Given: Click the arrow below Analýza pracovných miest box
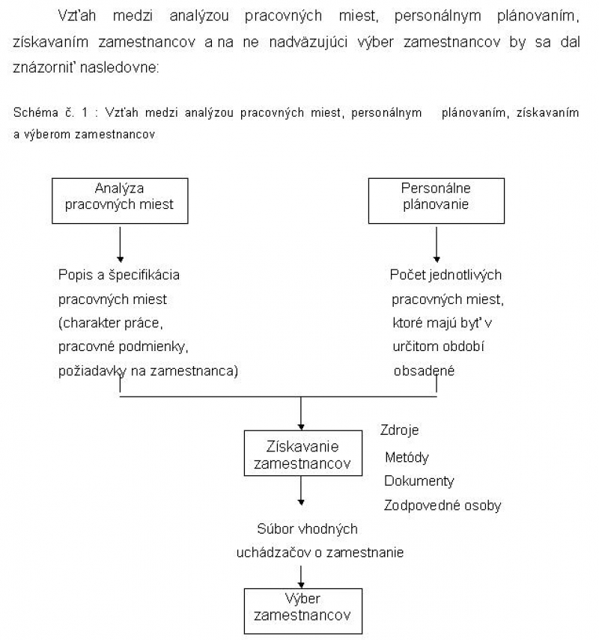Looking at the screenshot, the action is tap(120, 245).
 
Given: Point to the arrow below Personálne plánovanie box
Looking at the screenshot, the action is tap(437, 245).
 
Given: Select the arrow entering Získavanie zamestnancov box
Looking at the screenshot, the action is tap(301, 413).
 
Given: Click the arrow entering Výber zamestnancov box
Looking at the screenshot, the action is tap(301, 576).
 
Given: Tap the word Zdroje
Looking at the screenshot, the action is tap(399, 430).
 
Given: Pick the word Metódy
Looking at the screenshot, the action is tap(407, 457).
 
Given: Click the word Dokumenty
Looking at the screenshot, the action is tap(419, 481).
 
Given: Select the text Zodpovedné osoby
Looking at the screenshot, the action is tap(443, 505).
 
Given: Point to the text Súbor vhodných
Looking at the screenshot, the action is tap(307, 529).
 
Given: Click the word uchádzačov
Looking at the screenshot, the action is tap(273, 552).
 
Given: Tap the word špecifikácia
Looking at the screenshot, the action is tap(144, 275).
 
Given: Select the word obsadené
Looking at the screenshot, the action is tap(424, 371).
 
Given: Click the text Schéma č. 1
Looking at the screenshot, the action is tap(51, 112).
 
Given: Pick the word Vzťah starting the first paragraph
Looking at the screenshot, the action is tap(77, 16).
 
